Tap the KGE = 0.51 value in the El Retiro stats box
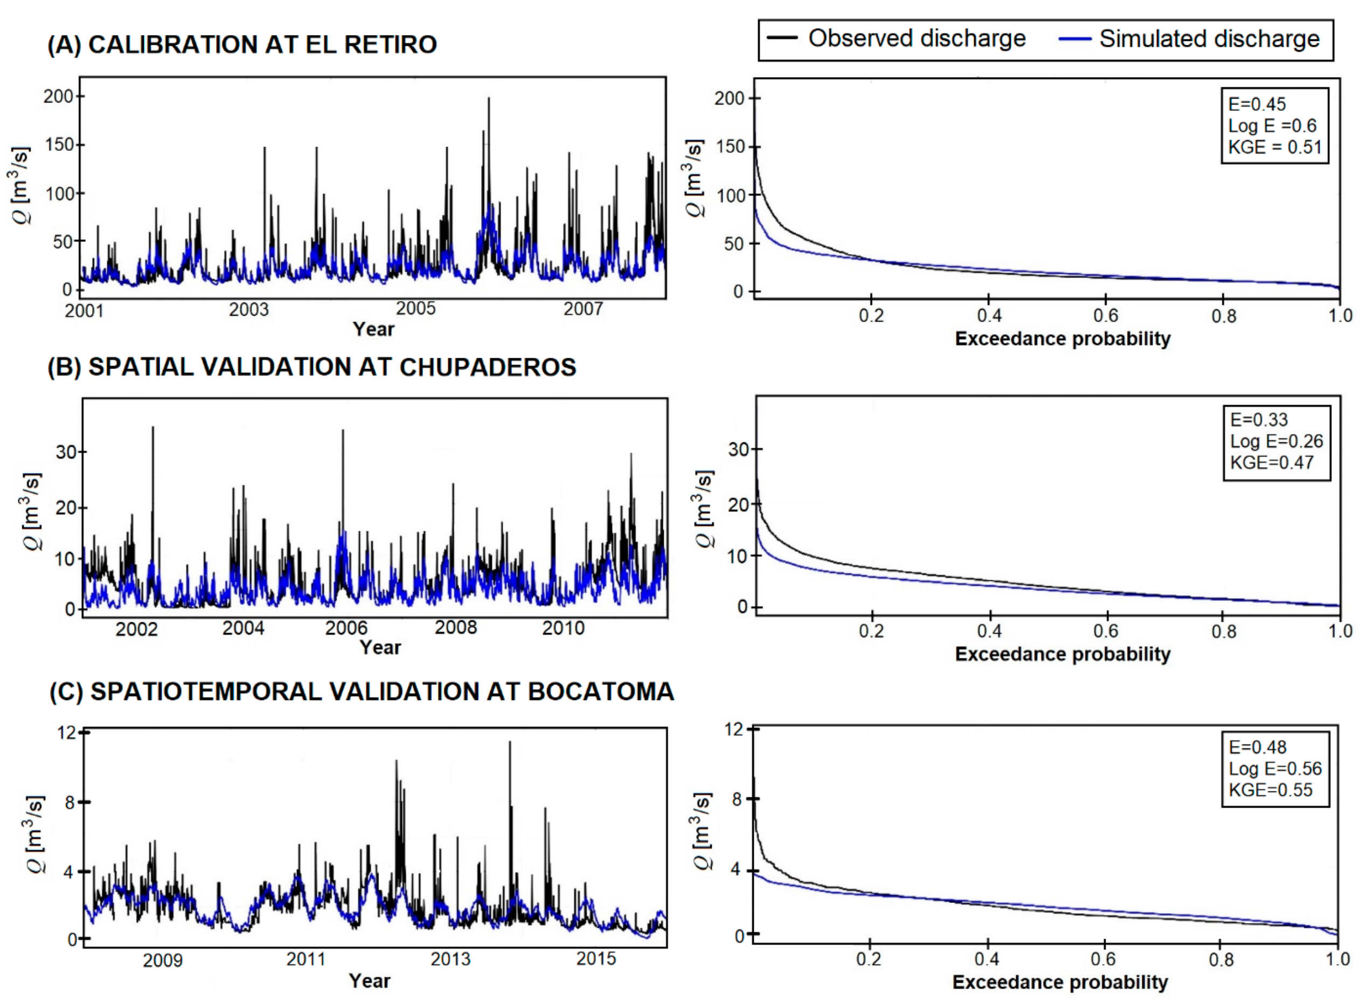[x=1274, y=148]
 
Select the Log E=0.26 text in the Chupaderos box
[x=1276, y=441]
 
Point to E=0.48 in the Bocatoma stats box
[x=1258, y=747]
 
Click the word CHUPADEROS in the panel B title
[x=488, y=367]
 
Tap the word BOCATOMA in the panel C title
[x=600, y=691]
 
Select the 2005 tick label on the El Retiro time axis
[x=415, y=308]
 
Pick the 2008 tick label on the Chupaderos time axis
[x=455, y=627]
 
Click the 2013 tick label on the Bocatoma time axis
[x=450, y=959]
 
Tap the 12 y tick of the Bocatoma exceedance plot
[x=734, y=729]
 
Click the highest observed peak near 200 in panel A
[x=488, y=99]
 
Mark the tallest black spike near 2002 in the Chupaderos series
[x=153, y=428]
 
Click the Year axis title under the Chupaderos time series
[x=380, y=648]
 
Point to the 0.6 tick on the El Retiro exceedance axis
[x=1106, y=316]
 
